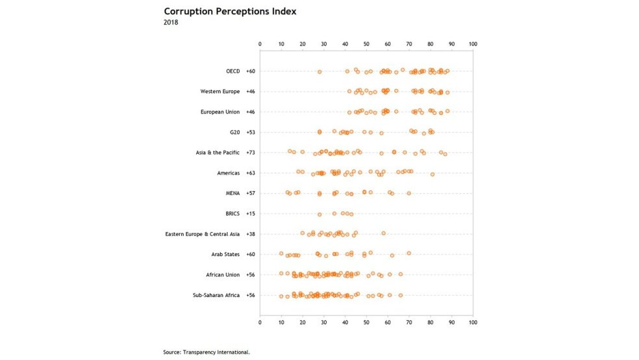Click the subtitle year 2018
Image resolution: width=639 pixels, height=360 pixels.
click(x=171, y=23)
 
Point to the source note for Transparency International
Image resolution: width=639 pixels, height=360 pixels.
click(x=207, y=352)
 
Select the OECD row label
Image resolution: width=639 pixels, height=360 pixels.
click(x=232, y=71)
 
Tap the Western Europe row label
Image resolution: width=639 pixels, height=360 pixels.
click(x=221, y=92)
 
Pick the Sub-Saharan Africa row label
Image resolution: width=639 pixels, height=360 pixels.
click(x=216, y=295)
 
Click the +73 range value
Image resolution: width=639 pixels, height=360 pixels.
click(x=251, y=153)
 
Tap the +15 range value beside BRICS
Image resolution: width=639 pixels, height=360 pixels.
click(x=251, y=213)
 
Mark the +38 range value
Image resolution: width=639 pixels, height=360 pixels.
click(x=251, y=234)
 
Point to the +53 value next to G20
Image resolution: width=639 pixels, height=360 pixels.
click(x=251, y=133)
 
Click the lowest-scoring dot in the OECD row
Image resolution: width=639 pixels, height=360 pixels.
click(x=319, y=71)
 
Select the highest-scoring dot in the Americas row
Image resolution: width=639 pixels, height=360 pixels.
click(x=432, y=174)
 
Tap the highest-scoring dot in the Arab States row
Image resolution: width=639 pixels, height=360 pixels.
click(x=409, y=253)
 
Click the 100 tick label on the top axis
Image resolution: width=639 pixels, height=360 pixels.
click(x=473, y=44)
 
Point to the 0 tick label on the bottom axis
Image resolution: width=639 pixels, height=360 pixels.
click(x=260, y=322)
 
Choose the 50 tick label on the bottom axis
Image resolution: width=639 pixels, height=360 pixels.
click(x=366, y=322)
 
